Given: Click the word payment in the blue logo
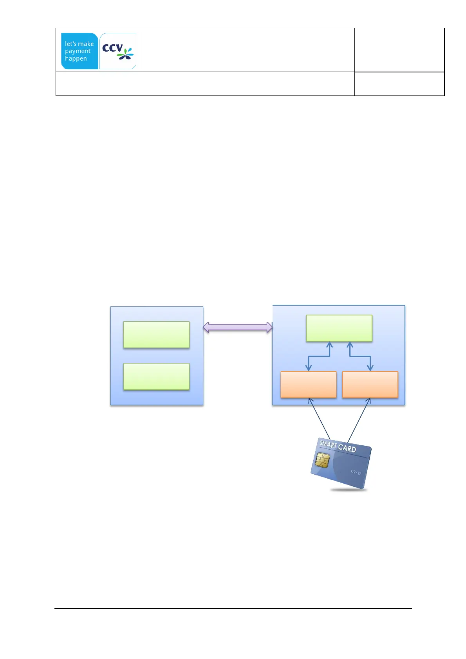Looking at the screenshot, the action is [78, 51].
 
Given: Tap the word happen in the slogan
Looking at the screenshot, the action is [76, 59].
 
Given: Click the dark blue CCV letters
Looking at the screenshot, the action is [112, 48].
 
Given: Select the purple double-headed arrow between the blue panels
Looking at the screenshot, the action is [238, 328].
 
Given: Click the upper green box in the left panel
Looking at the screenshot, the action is [156, 335].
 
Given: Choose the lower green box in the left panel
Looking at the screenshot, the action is [156, 376].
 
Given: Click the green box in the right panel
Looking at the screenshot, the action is [339, 328].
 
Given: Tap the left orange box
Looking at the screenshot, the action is [309, 384].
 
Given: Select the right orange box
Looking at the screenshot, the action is [370, 384].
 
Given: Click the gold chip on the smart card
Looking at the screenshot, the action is [322, 460].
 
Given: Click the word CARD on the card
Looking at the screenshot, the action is [347, 448].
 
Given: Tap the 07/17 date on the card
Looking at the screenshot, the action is [356, 472].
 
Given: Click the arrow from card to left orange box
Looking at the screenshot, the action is [319, 418].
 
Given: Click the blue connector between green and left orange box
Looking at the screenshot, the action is [319, 356].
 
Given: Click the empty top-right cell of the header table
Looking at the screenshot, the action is [399, 50].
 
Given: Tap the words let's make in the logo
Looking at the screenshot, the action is [79, 44].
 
